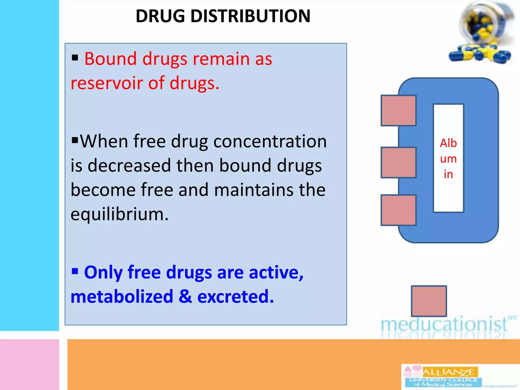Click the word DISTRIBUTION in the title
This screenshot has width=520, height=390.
pos(250,16)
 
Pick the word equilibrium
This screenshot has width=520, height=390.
pos(119,214)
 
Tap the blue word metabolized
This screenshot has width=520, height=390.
pos(122,297)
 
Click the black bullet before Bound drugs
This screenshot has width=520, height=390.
pos(75,58)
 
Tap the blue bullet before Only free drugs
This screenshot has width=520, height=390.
pos(75,271)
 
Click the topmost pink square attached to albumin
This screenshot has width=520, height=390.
pos(398,110)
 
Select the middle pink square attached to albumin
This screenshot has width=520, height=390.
pos(398,162)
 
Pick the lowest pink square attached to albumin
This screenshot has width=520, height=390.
pos(398,210)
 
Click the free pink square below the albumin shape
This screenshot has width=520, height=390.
pos(429,301)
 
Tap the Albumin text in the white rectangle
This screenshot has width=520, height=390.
pos(448,158)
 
